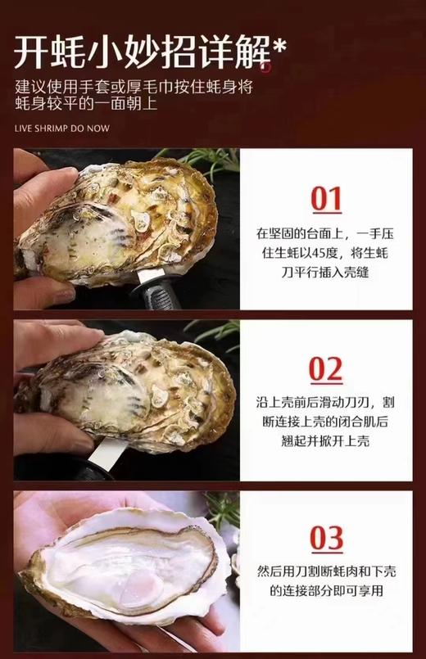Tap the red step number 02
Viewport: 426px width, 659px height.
[x=326, y=370]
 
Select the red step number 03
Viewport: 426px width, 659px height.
[x=326, y=539]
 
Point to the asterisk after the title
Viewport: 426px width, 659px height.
[x=279, y=49]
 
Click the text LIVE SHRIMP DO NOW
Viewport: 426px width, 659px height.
[x=62, y=128]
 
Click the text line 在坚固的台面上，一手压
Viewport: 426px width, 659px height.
[x=326, y=234]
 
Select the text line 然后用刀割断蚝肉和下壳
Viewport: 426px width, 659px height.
[x=326, y=573]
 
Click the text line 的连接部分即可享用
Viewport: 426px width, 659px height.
[x=326, y=592]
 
